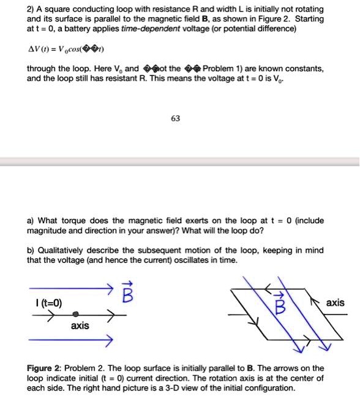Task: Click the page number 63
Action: pyautogui.click(x=175, y=118)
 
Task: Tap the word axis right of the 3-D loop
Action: pyautogui.click(x=335, y=303)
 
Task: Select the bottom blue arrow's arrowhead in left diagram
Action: pyautogui.click(x=110, y=339)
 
